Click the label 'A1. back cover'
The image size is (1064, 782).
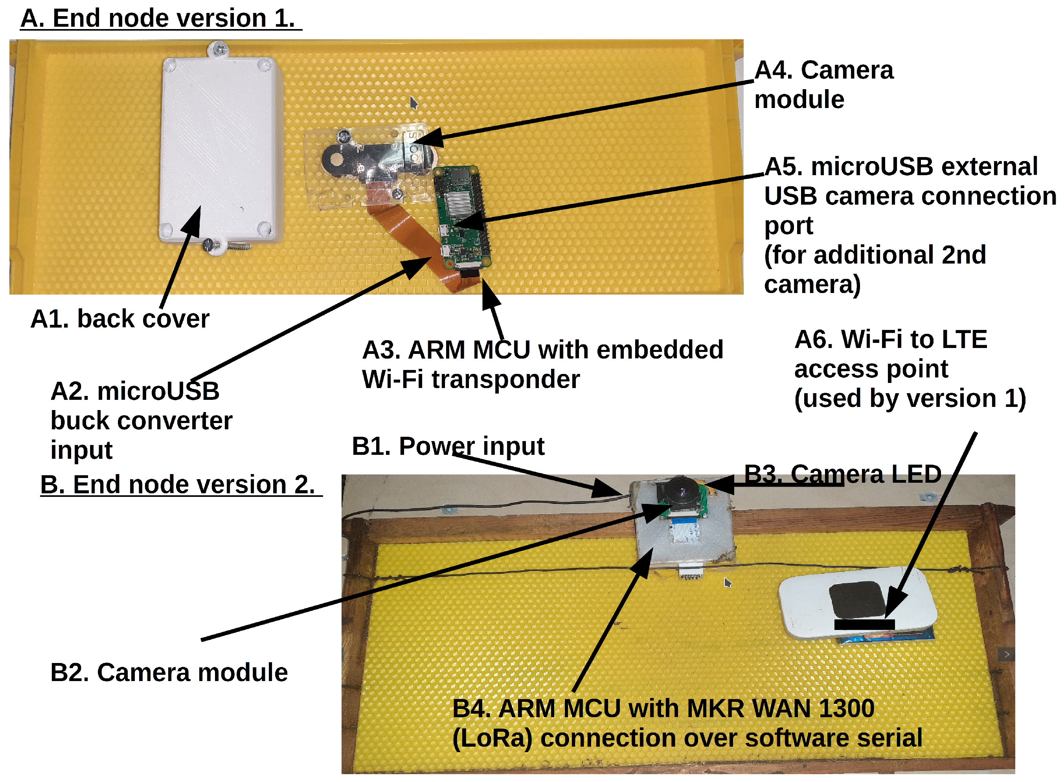point(119,319)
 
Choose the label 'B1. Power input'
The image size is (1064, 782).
point(448,447)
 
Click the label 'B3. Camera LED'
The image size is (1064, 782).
point(842,474)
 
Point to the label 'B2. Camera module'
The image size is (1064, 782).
point(169,673)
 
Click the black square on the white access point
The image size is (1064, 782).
point(856,600)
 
